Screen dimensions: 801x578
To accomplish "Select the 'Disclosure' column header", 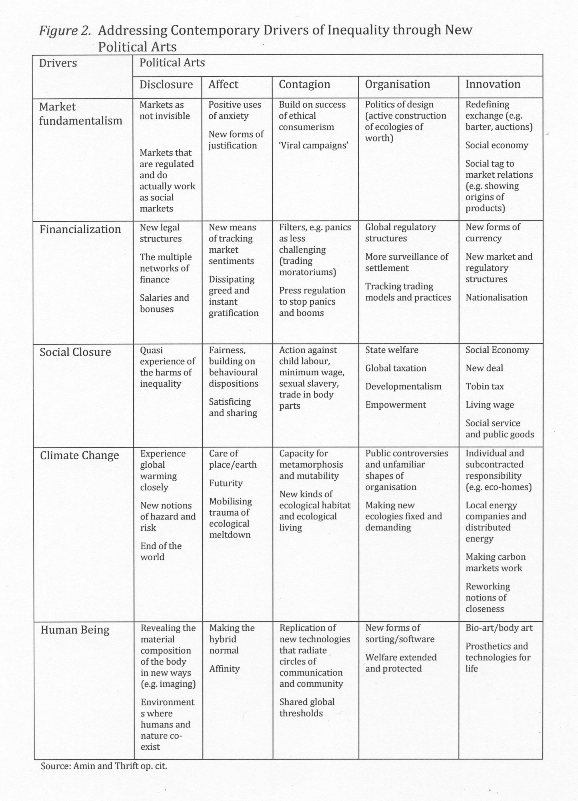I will (x=166, y=84).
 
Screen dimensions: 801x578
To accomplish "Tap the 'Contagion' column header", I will (x=304, y=84).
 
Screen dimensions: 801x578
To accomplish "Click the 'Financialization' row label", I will (x=80, y=229).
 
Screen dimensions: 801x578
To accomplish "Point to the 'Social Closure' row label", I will (x=75, y=352).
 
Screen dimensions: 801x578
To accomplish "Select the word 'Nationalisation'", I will (x=496, y=297).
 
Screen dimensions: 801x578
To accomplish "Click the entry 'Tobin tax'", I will (x=484, y=386).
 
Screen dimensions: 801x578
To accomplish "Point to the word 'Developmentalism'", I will (x=403, y=386).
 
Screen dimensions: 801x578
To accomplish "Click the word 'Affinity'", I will (x=224, y=669).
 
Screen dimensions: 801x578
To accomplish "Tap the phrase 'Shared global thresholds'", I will (x=307, y=707).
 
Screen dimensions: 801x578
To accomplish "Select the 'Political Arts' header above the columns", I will (x=172, y=62).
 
